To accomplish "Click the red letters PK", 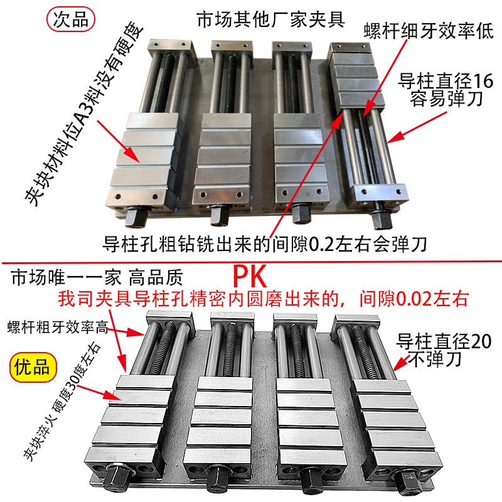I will coord(250,275).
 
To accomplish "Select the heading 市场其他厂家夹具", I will coord(270,19).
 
